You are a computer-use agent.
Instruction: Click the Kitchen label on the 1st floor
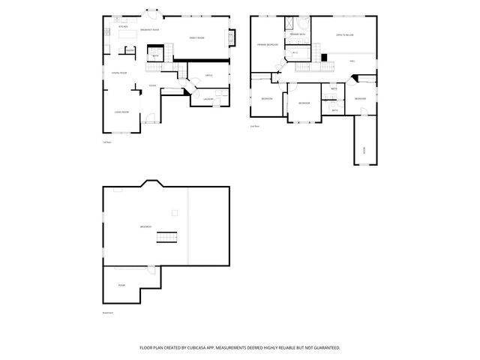coord(124,27)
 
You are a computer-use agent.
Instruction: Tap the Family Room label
coord(196,37)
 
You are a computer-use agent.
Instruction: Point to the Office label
coord(208,76)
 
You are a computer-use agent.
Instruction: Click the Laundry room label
coord(208,99)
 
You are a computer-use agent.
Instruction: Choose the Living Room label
coord(121,112)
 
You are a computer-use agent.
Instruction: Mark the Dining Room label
coord(118,73)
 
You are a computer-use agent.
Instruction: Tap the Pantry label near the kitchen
coord(130,50)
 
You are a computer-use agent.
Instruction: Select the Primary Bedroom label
coord(268,45)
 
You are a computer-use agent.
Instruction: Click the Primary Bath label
coord(297,34)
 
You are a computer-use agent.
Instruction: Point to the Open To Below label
coord(344,35)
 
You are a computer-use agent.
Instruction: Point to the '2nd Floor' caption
coord(255,127)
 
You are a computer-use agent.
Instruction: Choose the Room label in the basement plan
coord(121,285)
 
